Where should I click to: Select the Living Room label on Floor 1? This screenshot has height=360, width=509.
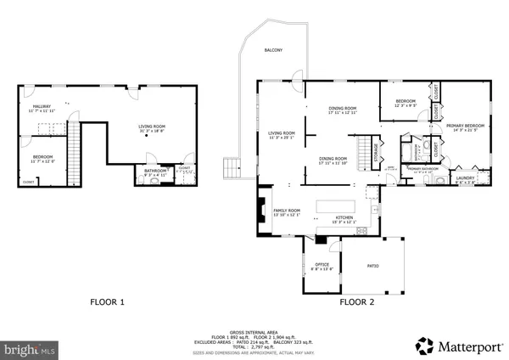[154, 127]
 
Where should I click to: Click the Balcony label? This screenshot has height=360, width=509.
[273, 50]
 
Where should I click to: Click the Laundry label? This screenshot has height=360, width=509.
[465, 178]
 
